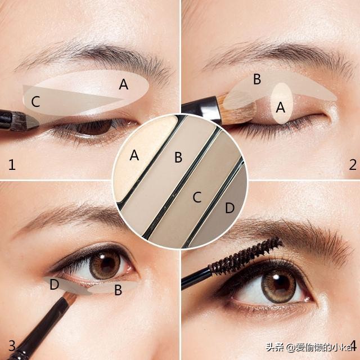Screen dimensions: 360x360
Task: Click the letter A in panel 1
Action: point(124,84)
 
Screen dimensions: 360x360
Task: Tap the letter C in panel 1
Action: point(35,101)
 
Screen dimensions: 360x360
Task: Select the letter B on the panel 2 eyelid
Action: point(257,79)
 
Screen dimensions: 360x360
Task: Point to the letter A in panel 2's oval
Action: point(281,107)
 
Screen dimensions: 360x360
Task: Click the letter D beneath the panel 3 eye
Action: point(55,284)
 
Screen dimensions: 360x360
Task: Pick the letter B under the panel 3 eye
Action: point(118,290)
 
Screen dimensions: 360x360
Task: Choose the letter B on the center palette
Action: point(178,157)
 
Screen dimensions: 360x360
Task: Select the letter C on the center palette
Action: point(197,197)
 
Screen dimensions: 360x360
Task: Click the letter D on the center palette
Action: point(229,208)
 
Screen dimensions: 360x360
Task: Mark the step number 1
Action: point(12,165)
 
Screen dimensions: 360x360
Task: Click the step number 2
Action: point(353,165)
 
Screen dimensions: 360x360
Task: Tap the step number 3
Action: point(12,346)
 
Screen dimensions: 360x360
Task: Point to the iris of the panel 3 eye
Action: point(105,264)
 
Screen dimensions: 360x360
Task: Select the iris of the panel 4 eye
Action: point(278,285)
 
